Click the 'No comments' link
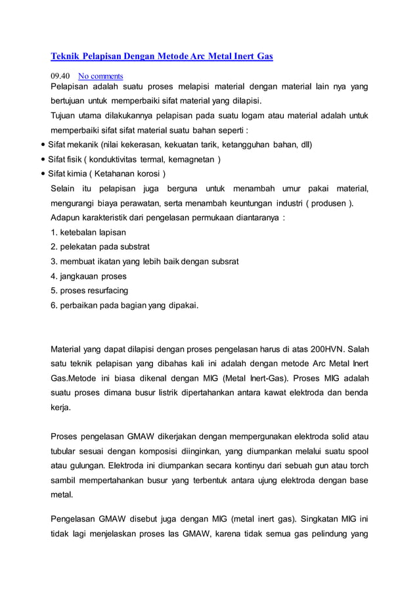point(100,76)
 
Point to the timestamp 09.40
point(61,76)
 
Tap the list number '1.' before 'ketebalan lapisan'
point(54,233)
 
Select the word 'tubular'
point(66,451)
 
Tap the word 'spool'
point(357,451)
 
